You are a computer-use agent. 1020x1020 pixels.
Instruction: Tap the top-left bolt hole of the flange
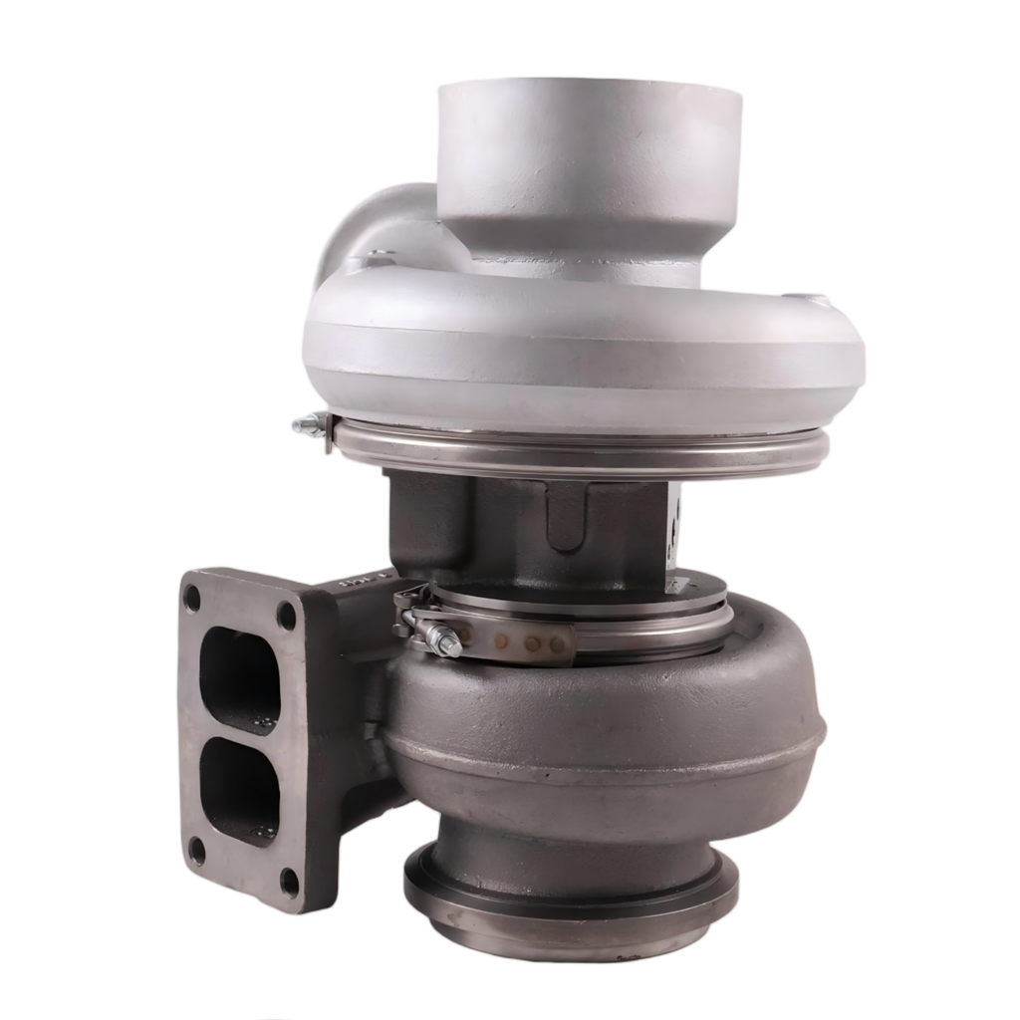(x=192, y=600)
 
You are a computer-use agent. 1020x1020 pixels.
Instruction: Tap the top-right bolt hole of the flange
(x=287, y=616)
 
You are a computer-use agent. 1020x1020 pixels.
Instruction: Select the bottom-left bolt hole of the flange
(x=197, y=851)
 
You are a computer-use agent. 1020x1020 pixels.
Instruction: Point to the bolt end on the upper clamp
(x=308, y=426)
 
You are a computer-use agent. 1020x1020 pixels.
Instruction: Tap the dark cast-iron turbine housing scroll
(x=608, y=727)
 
